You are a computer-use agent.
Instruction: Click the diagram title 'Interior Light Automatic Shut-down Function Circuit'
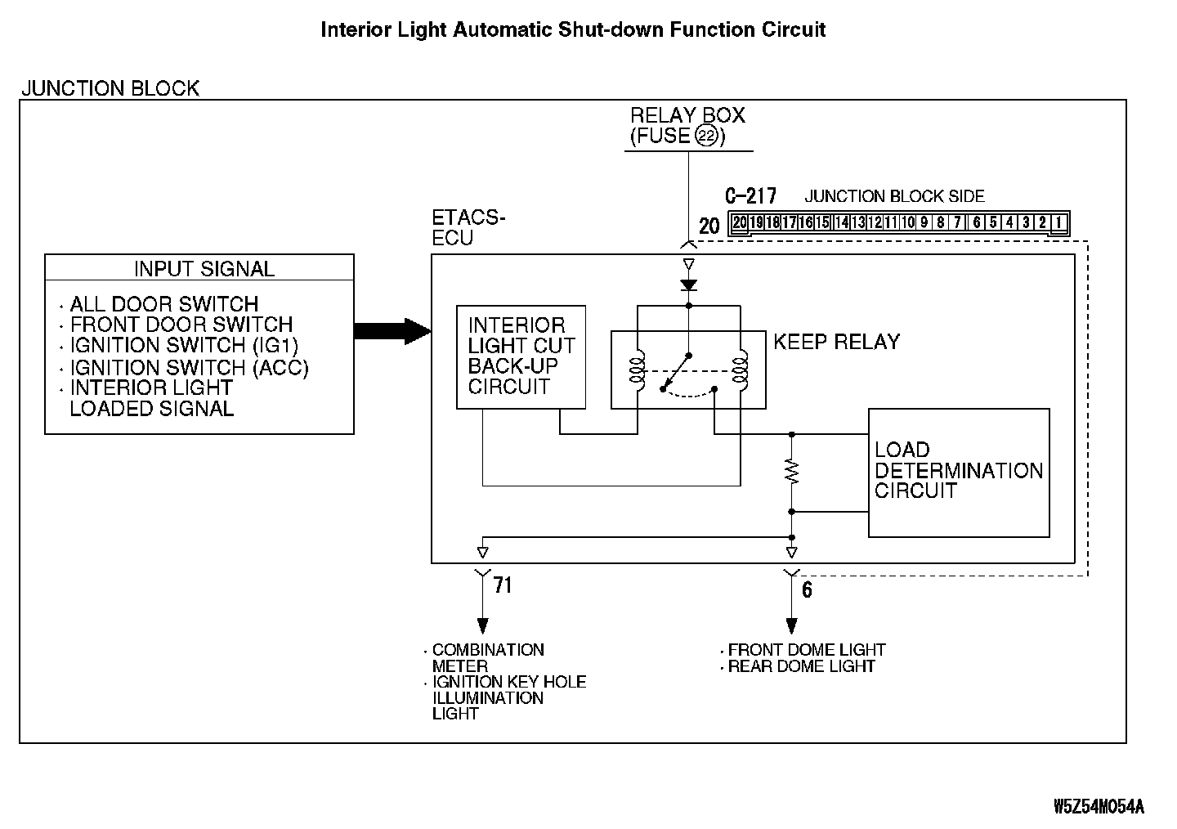click(x=573, y=30)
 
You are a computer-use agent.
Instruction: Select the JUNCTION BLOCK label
click(x=110, y=88)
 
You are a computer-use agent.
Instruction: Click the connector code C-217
click(x=750, y=196)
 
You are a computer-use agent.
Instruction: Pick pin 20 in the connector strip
click(x=740, y=222)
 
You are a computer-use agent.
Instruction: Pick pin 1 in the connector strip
click(x=1058, y=222)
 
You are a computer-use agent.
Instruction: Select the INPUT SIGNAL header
click(x=204, y=268)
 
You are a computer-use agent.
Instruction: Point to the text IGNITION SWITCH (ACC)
click(x=189, y=368)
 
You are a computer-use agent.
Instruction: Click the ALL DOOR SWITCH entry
click(x=163, y=304)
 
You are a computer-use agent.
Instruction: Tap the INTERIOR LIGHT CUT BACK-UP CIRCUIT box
click(x=521, y=356)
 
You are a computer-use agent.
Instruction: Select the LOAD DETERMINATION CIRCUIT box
click(x=958, y=472)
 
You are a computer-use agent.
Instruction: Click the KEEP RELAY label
click(x=836, y=342)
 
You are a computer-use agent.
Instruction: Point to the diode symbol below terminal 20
click(x=688, y=285)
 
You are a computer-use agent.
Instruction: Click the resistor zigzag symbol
click(x=791, y=472)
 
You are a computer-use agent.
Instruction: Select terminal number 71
click(x=502, y=585)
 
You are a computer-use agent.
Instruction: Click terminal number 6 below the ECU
click(x=807, y=589)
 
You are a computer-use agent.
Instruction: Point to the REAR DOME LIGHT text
click(x=801, y=666)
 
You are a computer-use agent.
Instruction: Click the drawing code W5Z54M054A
click(x=1099, y=807)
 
